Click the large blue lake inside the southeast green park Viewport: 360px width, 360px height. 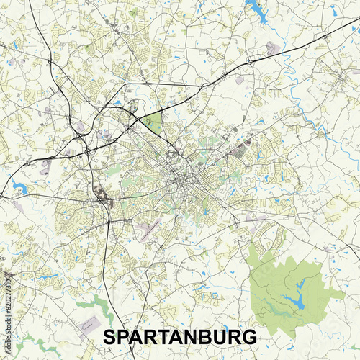[293, 301]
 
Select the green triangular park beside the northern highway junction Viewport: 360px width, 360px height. [152, 122]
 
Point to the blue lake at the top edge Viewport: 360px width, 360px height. [256, 9]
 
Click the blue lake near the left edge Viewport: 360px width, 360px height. [18, 189]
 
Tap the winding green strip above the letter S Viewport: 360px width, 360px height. [101, 306]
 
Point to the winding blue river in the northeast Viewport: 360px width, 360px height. [302, 108]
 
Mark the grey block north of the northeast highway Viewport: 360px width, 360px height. [272, 49]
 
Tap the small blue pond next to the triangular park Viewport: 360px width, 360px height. [117, 103]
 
